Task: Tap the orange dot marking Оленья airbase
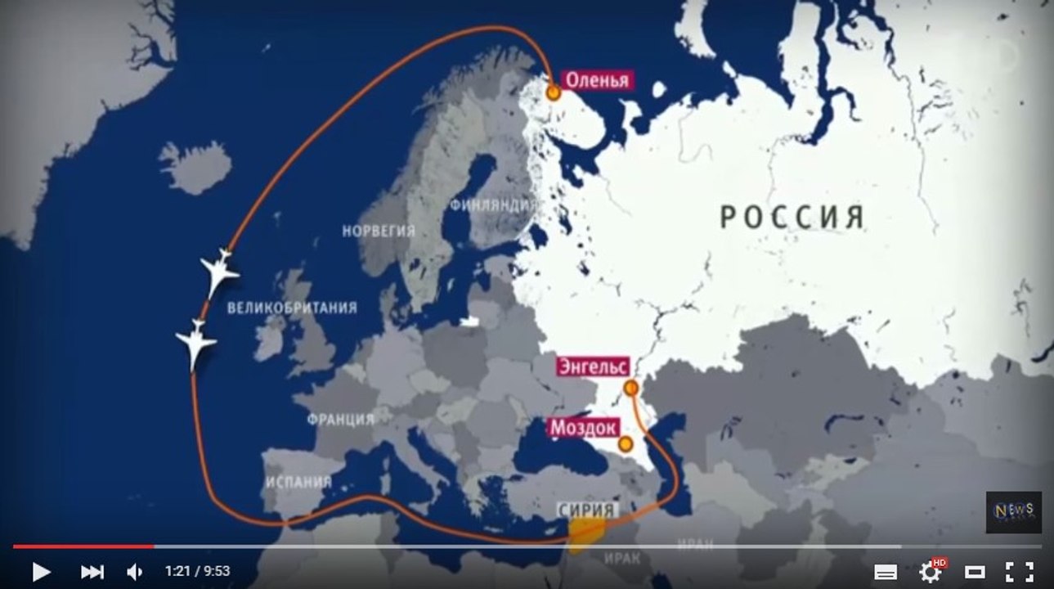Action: pos(554,93)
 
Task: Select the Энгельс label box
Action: pos(593,366)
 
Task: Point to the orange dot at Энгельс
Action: pos(630,388)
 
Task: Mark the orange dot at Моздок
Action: pos(626,444)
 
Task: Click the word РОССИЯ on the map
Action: pos(792,218)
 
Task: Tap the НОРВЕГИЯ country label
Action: pos(379,231)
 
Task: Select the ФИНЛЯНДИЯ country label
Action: pos(492,205)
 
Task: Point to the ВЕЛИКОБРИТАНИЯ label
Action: pos(292,308)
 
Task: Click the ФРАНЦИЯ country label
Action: pos(341,419)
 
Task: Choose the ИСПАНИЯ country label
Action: pos(298,481)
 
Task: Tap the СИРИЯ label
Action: pos(585,509)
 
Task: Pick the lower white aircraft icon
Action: pos(196,342)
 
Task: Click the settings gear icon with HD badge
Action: pos(931,570)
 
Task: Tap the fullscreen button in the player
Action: pos(1019,571)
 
